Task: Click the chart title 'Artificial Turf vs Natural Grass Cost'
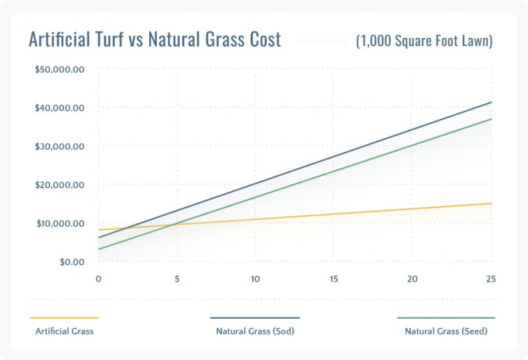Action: click(x=155, y=40)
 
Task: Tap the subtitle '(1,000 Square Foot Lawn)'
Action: click(x=424, y=41)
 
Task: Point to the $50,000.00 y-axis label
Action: click(x=59, y=70)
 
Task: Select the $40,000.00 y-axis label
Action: click(x=59, y=109)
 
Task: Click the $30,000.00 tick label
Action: click(x=59, y=146)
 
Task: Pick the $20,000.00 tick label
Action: click(x=59, y=185)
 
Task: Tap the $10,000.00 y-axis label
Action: click(x=59, y=223)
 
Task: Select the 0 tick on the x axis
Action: click(x=98, y=279)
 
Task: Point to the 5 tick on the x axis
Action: click(x=177, y=279)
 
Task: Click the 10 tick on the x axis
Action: click(x=255, y=279)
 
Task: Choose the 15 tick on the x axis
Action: click(x=333, y=279)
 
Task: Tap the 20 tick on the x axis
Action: click(x=412, y=279)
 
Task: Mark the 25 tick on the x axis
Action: click(x=490, y=279)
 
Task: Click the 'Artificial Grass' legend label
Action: click(x=64, y=331)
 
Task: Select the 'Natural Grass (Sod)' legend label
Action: click(x=254, y=331)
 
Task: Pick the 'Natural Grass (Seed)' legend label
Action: click(x=445, y=331)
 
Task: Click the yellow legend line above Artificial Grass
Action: click(x=65, y=318)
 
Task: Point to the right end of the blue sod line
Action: click(x=491, y=102)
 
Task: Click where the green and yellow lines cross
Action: click(x=171, y=225)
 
